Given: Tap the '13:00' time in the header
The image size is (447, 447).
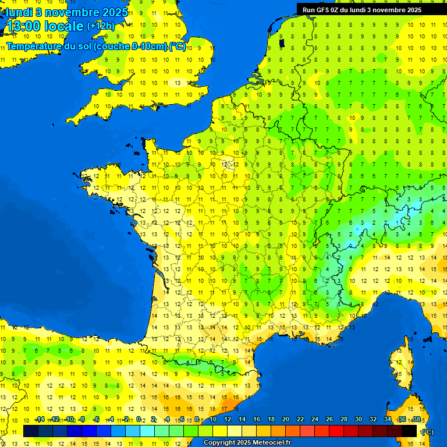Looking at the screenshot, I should click(24, 26).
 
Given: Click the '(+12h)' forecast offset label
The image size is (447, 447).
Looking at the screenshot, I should click(101, 26).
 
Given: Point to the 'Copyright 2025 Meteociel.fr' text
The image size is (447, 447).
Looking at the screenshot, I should click(247, 443).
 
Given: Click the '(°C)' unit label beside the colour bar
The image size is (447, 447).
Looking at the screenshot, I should click(427, 432).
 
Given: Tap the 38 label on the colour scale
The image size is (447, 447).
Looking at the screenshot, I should click(416, 420).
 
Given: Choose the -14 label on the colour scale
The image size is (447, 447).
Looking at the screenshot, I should click(40, 420).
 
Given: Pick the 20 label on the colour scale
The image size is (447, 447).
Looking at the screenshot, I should click(286, 420).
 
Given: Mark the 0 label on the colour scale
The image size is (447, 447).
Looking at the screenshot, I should click(139, 420).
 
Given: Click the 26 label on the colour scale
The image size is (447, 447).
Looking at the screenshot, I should click(329, 420).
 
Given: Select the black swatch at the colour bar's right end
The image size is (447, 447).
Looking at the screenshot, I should click(410, 431).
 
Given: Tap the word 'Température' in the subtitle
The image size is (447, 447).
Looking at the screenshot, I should click(33, 46).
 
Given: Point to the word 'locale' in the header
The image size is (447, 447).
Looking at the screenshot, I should click(65, 26).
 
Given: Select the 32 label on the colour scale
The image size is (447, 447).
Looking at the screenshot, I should click(372, 420).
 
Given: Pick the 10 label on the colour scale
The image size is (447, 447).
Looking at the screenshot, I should click(213, 420).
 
